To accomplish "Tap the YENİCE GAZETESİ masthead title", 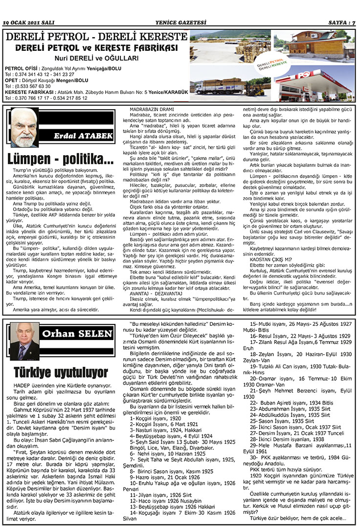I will pos(180,23).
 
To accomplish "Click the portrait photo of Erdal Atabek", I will pos(24,127).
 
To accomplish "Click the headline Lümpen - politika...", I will pos(60,159).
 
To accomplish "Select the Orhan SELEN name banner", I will pos(77,334).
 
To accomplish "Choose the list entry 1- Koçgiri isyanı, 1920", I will pos(155,419).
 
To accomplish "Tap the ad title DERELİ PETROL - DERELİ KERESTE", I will pos(96,37).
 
